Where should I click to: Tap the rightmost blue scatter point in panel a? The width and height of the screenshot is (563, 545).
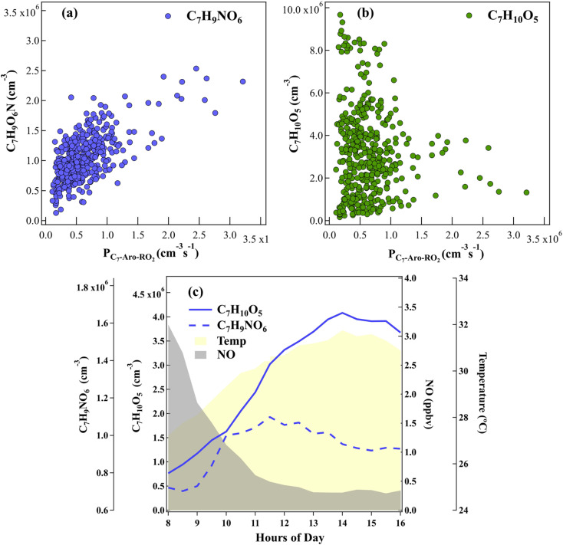point(243,81)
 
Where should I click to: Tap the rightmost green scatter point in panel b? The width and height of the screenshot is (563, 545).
point(527,192)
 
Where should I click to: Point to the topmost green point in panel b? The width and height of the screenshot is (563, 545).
point(340,15)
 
